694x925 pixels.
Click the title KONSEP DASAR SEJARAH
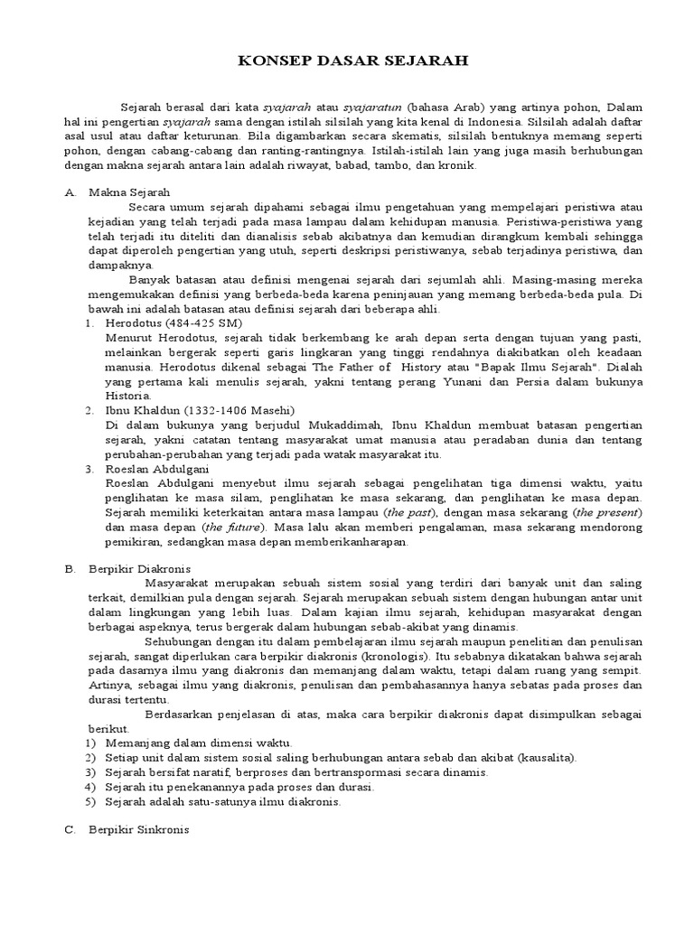pyautogui.click(x=347, y=62)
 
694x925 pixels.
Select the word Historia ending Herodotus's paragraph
pyautogui.click(x=129, y=396)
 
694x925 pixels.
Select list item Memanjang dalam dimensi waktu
pyautogui.click(x=198, y=743)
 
